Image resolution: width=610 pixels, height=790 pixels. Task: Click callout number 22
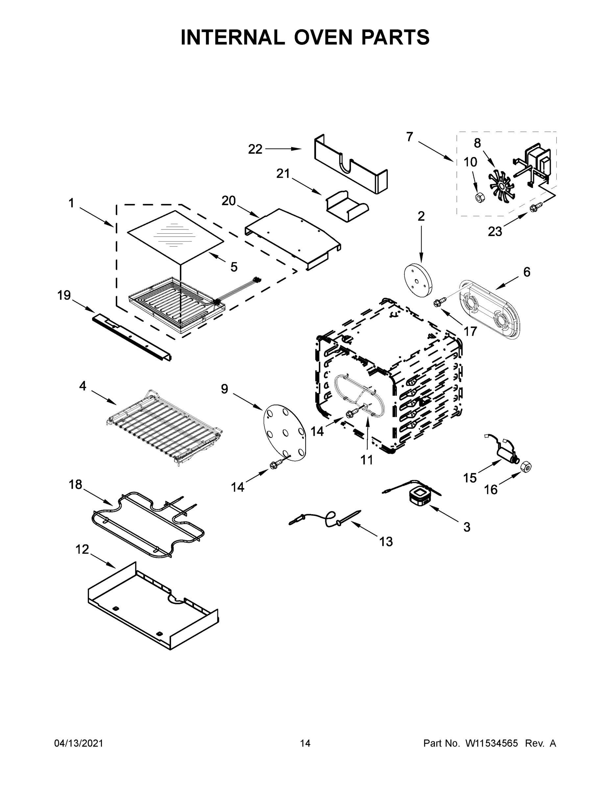(255, 149)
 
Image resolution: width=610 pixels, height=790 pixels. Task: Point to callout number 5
(234, 267)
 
